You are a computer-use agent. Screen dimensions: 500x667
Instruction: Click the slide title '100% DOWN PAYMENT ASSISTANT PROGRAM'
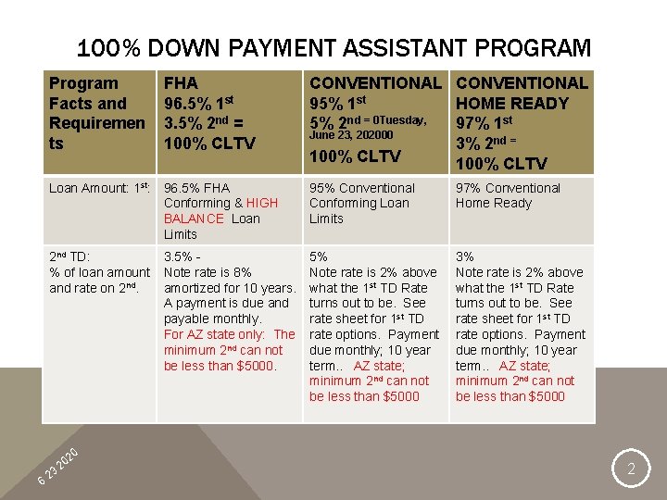pyautogui.click(x=333, y=48)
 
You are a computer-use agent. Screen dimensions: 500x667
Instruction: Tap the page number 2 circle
pyautogui.click(x=631, y=469)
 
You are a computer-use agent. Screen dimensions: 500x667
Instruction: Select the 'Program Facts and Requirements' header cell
pyautogui.click(x=97, y=113)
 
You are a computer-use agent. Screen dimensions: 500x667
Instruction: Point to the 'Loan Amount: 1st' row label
pyautogui.click(x=99, y=188)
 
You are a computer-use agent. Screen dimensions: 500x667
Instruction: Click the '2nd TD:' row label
pyautogui.click(x=69, y=256)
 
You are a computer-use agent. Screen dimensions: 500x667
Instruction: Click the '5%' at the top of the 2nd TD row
pyautogui.click(x=318, y=256)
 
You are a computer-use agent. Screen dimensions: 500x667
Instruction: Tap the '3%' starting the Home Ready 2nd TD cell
pyautogui.click(x=465, y=256)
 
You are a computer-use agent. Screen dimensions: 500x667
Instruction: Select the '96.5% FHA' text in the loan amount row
pyautogui.click(x=196, y=188)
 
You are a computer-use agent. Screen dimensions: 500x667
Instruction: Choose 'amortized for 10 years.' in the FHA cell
pyautogui.click(x=229, y=288)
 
